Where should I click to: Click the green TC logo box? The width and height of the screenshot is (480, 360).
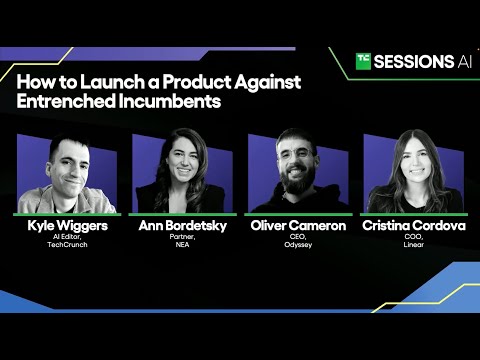click(x=364, y=61)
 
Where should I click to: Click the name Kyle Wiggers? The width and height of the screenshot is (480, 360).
click(x=67, y=226)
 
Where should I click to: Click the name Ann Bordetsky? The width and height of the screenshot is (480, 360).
click(x=181, y=226)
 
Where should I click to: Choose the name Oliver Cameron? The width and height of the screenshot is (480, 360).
click(x=297, y=226)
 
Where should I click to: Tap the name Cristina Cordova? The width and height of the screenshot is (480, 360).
click(x=414, y=226)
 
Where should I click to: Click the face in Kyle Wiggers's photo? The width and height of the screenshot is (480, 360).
click(x=66, y=164)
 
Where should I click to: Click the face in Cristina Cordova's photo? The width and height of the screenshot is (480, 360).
click(x=413, y=161)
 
